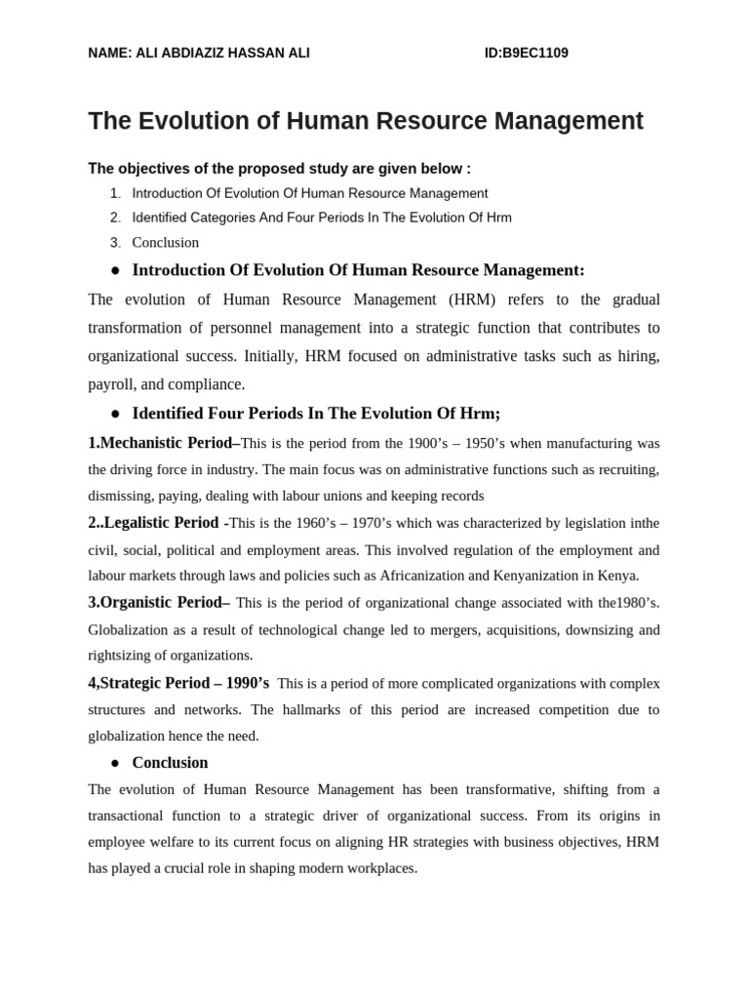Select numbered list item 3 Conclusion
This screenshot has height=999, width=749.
(165, 243)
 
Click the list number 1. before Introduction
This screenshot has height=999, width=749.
(116, 194)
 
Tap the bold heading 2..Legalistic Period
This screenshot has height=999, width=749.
(157, 523)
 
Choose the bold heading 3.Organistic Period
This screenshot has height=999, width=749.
(158, 603)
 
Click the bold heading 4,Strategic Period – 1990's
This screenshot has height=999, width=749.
(177, 683)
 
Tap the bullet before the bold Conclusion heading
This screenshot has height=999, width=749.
(115, 763)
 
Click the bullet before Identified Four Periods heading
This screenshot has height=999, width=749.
(115, 414)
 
